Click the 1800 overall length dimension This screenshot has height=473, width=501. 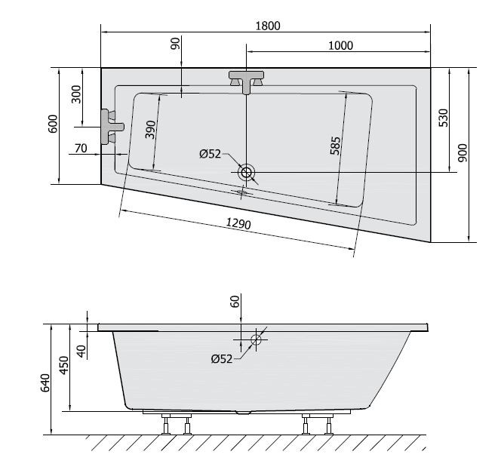click(x=267, y=25)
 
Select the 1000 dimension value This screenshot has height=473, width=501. click(x=340, y=45)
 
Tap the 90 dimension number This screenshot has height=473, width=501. click(x=176, y=45)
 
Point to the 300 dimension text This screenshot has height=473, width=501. click(x=75, y=94)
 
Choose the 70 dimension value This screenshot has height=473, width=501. click(x=81, y=148)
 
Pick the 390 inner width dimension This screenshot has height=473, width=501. click(x=150, y=130)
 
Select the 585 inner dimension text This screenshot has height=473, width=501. click(x=336, y=145)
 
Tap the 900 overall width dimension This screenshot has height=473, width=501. click(x=463, y=153)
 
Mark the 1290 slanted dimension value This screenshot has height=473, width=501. click(x=238, y=223)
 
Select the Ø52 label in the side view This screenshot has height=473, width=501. click(x=222, y=357)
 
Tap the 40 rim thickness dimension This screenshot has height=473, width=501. click(x=81, y=350)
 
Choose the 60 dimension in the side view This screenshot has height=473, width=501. click(x=235, y=302)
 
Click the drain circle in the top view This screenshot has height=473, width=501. click(x=246, y=173)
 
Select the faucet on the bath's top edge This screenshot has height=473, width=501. click(x=246, y=81)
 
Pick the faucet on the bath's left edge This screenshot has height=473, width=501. click(x=112, y=124)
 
